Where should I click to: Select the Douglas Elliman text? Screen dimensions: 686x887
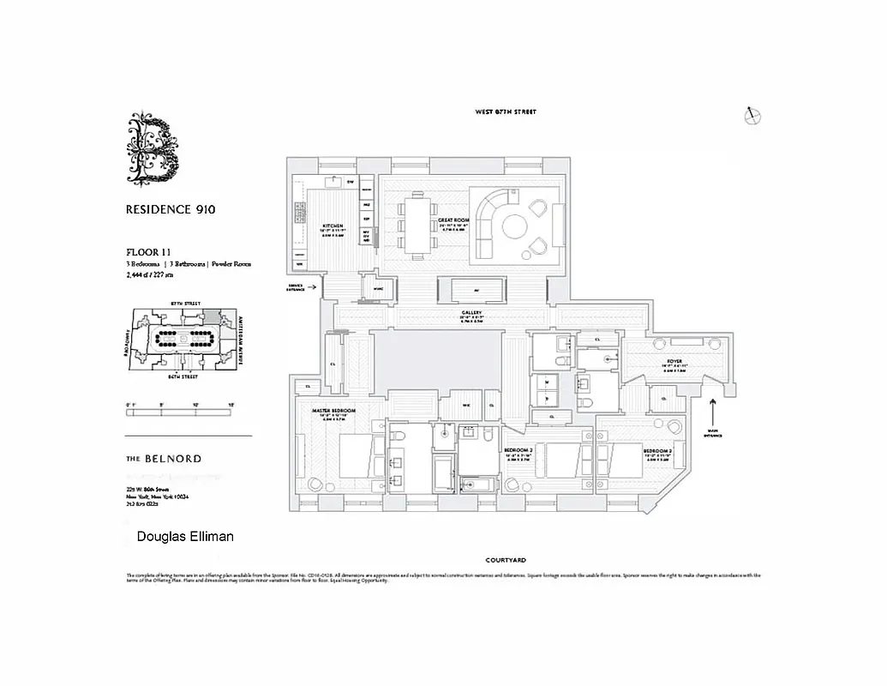click(x=185, y=537)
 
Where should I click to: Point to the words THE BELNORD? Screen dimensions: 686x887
click(x=164, y=459)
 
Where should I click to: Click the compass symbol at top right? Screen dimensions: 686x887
click(x=754, y=117)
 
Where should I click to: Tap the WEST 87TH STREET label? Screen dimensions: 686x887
click(x=506, y=112)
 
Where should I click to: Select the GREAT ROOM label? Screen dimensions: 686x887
click(x=454, y=220)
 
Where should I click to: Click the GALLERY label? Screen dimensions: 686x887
click(x=471, y=313)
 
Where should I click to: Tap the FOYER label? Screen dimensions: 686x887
click(x=674, y=362)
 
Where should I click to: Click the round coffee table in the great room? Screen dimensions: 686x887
click(x=516, y=226)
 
